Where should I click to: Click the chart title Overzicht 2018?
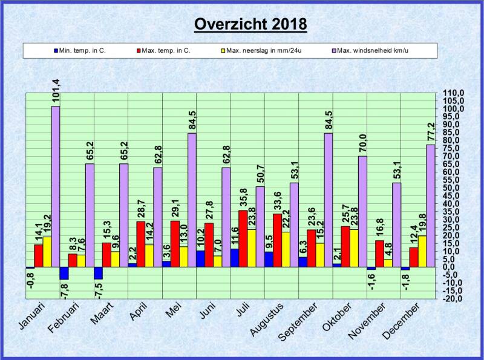coord(250,24)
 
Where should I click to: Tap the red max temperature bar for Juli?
coord(243,238)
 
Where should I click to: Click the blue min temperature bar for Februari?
coord(64,273)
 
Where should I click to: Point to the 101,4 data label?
coord(56,91)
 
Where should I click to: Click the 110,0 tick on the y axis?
coord(453,93)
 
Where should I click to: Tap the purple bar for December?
coord(430,206)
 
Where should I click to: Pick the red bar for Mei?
coord(175,244)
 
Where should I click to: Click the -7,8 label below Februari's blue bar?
coord(64,292)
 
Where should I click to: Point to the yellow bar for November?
coord(387,263)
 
